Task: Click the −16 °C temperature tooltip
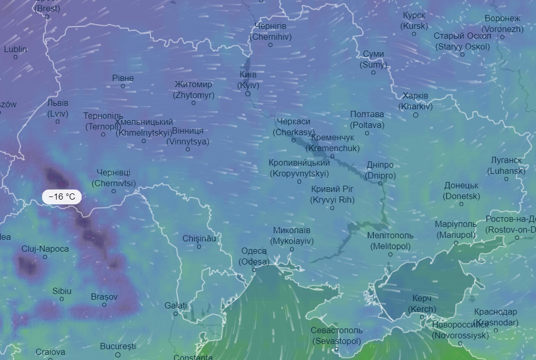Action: pos(61,197)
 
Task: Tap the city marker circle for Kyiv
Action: pos(248,94)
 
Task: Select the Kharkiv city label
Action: pos(415,101)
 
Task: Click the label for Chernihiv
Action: pos(270,31)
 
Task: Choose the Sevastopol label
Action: pos(337,335)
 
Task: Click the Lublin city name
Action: pos(15,50)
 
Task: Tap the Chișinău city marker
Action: pos(199,247)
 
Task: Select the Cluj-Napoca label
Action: pos(45,249)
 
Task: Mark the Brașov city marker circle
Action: pos(104,305)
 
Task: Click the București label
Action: pos(118,346)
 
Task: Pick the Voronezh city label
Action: pos(502,24)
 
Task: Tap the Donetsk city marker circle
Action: pos(461,204)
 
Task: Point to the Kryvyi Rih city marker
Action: pos(332,208)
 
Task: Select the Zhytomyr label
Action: pos(193,89)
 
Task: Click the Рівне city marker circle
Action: pos(123,86)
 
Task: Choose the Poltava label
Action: pos(367,119)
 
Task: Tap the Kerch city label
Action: pos(422,304)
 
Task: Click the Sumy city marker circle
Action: pos(374,73)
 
